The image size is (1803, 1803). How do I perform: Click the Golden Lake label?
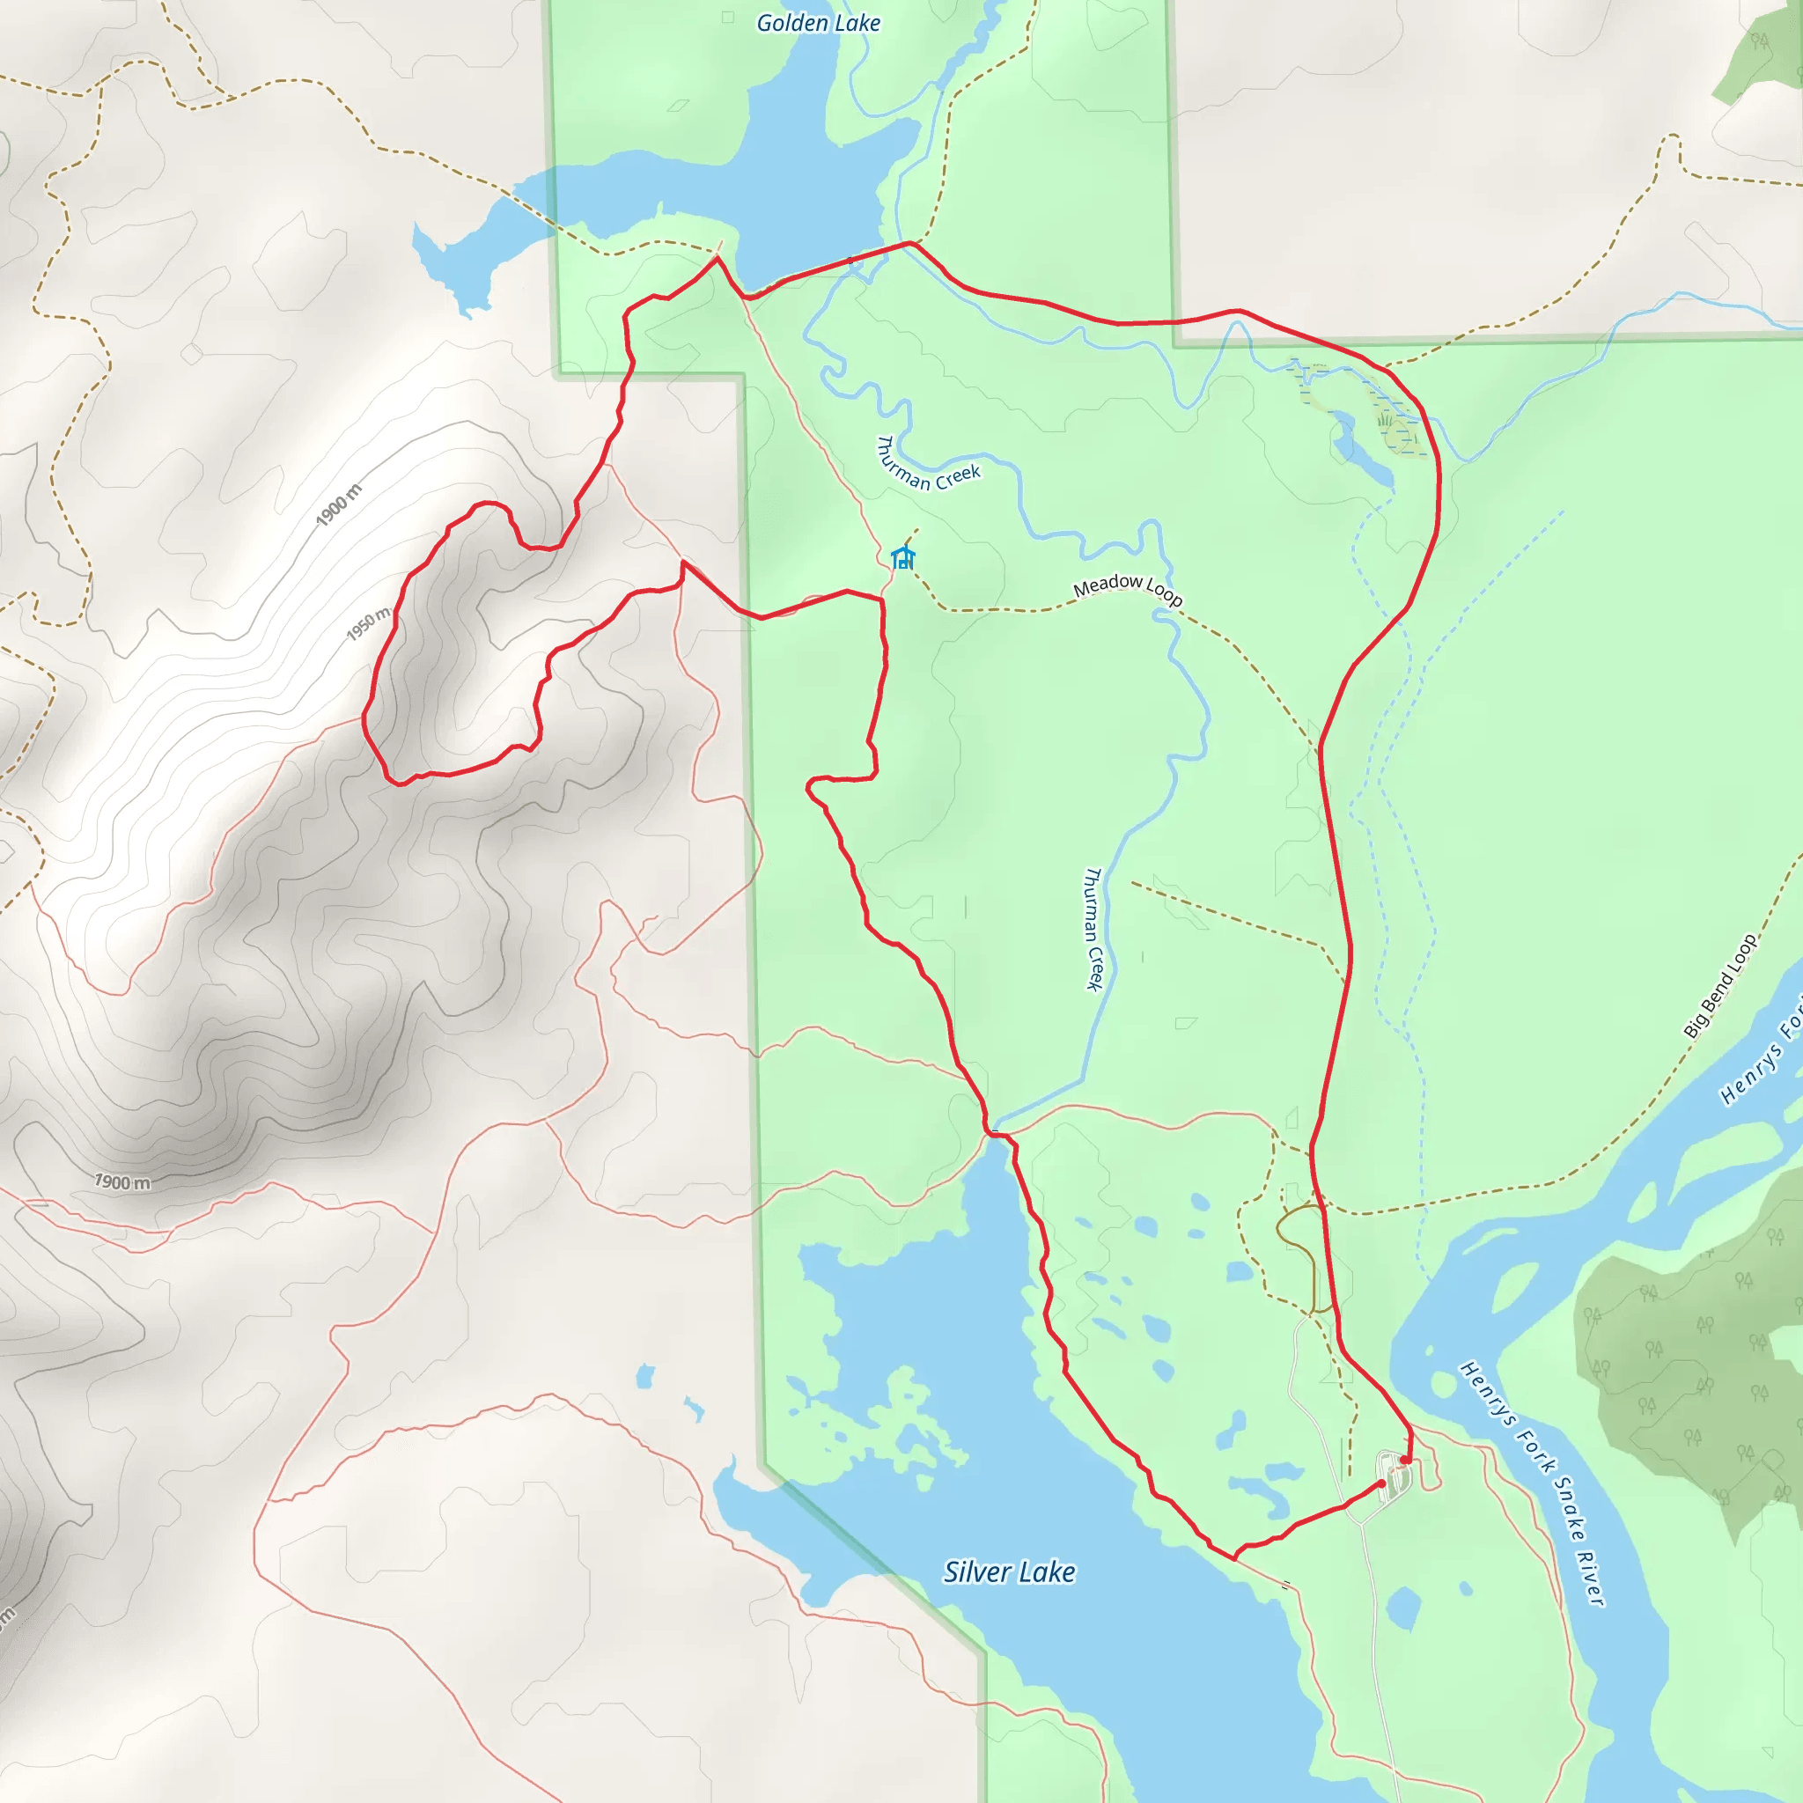pyautogui.click(x=818, y=24)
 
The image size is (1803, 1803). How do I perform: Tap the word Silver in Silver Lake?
pyautogui.click(x=975, y=1572)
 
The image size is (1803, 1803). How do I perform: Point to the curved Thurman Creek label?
pyautogui.click(x=928, y=467)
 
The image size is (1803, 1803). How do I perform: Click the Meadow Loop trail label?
pyautogui.click(x=1128, y=590)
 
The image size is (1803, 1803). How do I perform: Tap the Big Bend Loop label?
pyautogui.click(x=1720, y=986)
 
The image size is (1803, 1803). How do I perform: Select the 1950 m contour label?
pyautogui.click(x=368, y=624)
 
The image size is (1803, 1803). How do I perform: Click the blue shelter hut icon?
pyautogui.click(x=901, y=558)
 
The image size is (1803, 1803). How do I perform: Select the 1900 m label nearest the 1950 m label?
pyautogui.click(x=338, y=504)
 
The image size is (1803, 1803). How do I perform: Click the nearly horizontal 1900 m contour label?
pyautogui.click(x=122, y=1182)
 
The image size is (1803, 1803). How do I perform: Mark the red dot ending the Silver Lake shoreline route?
pyautogui.click(x=1381, y=1483)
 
